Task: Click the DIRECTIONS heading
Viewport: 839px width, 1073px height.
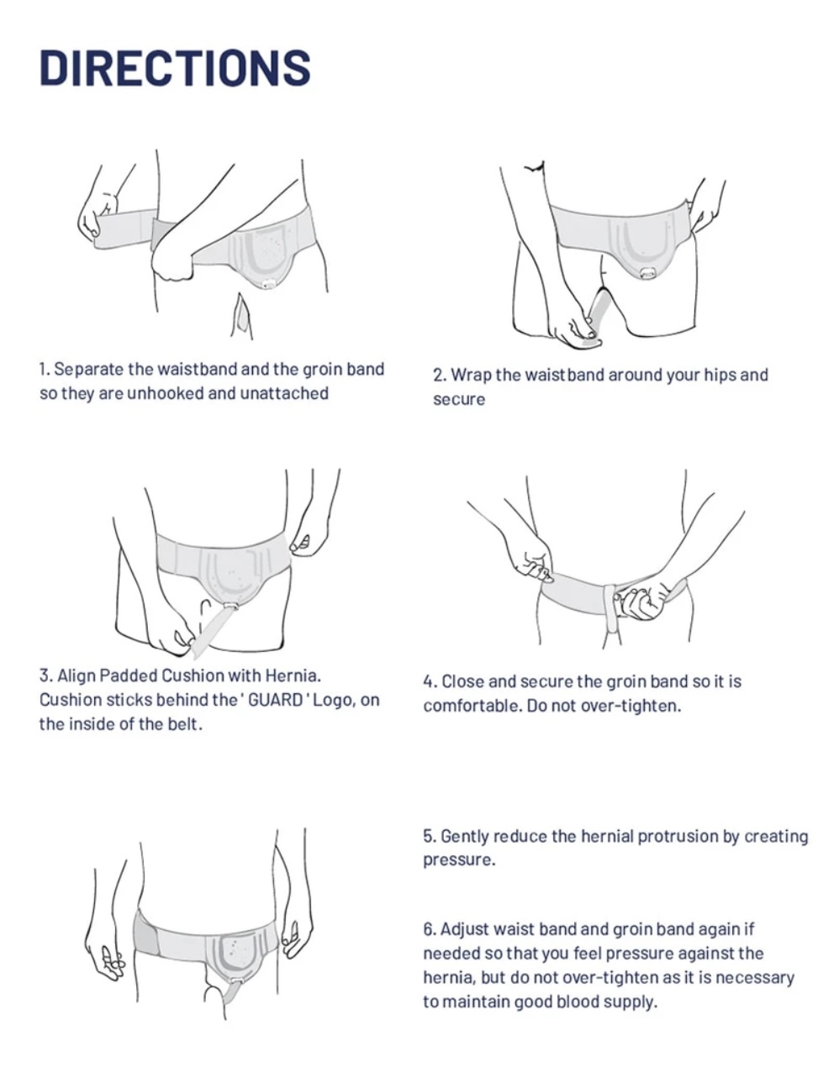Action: (x=175, y=68)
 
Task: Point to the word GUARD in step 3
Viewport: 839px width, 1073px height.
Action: (x=275, y=700)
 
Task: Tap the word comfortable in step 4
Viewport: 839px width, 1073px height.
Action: (x=472, y=706)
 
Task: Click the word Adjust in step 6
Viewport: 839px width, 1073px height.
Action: (x=464, y=929)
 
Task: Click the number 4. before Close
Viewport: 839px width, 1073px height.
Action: (x=430, y=681)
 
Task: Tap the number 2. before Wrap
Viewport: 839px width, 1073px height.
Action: (x=440, y=376)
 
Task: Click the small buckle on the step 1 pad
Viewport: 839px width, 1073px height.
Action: (x=269, y=284)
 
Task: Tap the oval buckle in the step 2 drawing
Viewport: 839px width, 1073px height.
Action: (x=646, y=272)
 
